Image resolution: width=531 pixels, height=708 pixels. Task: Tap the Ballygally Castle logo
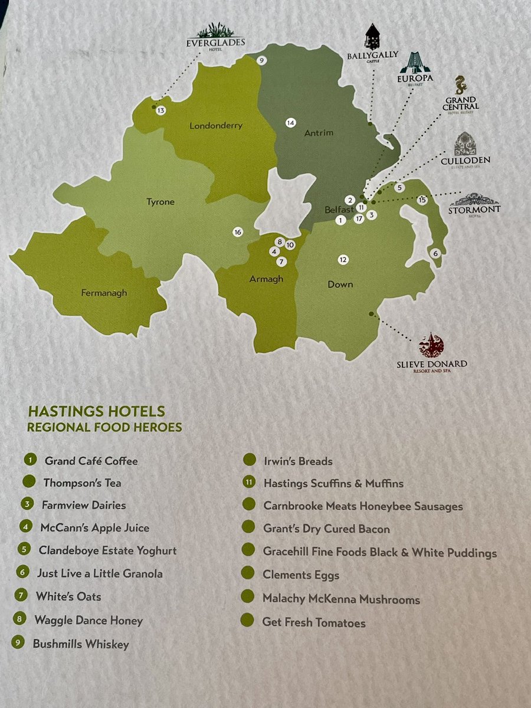372,44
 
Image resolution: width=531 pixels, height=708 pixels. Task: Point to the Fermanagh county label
104,293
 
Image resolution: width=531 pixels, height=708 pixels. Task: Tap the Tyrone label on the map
160,202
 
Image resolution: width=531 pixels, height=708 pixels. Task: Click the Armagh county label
267,279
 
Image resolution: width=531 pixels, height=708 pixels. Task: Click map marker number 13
160,110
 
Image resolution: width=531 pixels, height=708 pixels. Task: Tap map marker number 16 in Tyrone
238,232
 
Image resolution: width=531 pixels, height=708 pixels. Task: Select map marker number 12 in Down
343,259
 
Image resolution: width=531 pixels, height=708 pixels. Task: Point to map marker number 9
262,60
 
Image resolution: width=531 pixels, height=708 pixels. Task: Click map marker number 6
436,253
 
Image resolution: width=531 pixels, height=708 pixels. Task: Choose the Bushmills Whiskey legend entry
81,644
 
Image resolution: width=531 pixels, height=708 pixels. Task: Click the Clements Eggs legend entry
301,575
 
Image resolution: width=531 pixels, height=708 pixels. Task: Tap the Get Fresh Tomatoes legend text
314,622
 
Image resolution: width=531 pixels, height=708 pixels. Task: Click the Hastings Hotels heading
97,411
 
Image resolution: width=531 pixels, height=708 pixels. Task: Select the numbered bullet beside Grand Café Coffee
28,460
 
